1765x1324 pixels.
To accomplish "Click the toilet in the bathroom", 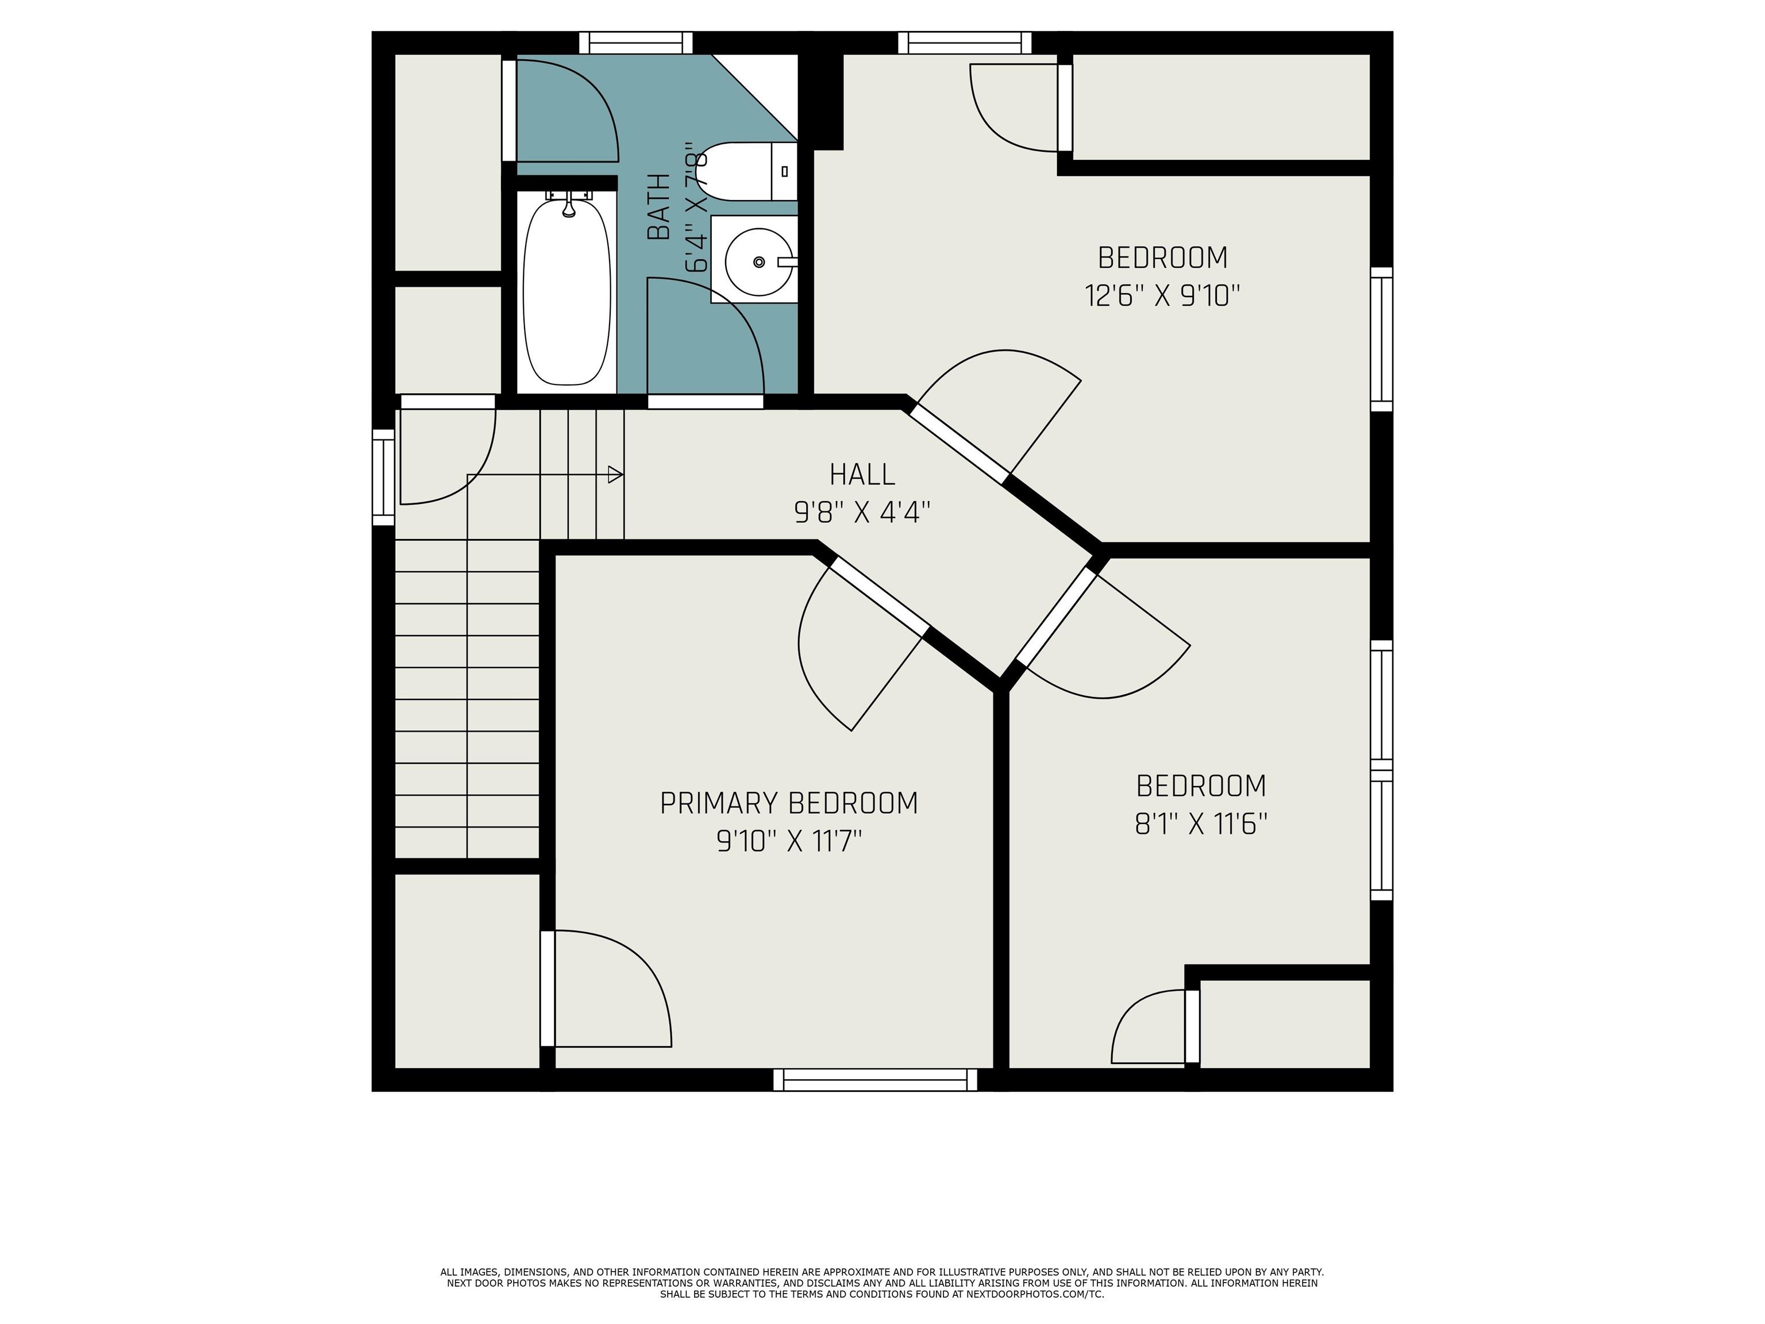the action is point(746,172).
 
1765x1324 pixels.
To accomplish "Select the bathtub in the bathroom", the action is point(567,291).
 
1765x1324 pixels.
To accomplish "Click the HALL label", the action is point(862,474).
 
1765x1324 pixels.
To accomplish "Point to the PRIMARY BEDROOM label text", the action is point(788,803).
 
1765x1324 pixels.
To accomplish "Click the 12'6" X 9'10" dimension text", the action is point(1162,295).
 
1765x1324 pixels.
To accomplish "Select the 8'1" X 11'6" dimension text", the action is point(1201,823).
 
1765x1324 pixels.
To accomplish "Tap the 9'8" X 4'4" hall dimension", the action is point(862,511).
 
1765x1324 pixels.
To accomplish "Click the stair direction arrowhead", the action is point(615,475).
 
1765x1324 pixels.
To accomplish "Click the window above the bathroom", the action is point(636,43).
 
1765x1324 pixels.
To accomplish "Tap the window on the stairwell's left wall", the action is point(384,477).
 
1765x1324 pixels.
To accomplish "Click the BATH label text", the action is point(659,207).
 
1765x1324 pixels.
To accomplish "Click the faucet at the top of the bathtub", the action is point(568,205).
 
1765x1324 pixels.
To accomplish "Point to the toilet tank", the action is point(784,172).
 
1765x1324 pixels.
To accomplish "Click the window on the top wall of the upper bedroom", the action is point(965,43).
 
